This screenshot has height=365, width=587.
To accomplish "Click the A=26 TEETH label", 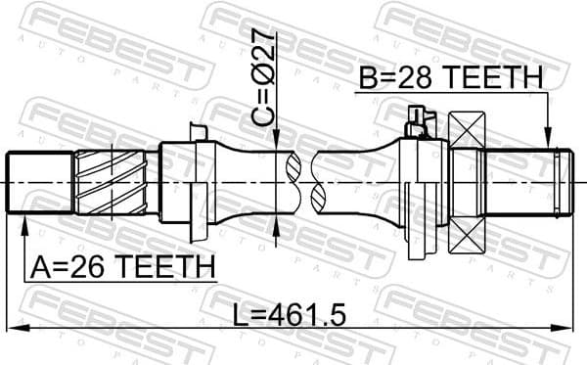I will [x=121, y=265].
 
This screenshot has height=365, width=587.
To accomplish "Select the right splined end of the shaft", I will [x=528, y=182].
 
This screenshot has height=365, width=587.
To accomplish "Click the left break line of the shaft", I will [x=293, y=182].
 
